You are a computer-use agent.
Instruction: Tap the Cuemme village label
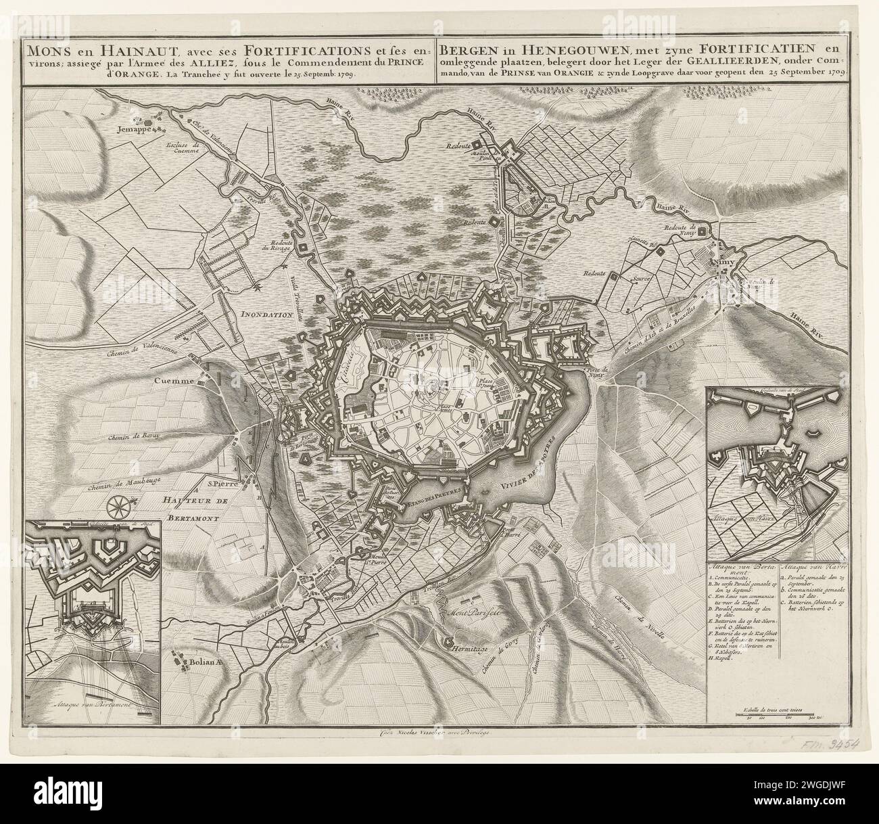click(x=172, y=381)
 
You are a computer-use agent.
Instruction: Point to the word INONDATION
click(x=268, y=315)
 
